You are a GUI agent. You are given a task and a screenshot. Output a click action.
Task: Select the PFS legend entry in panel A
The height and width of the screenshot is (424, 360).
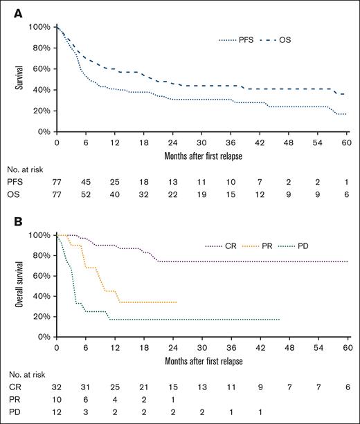pos(244,39)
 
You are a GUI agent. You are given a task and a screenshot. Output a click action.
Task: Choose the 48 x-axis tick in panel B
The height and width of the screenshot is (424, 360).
pos(289,347)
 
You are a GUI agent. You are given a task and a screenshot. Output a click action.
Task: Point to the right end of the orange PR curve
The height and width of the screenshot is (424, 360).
pos(177,302)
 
